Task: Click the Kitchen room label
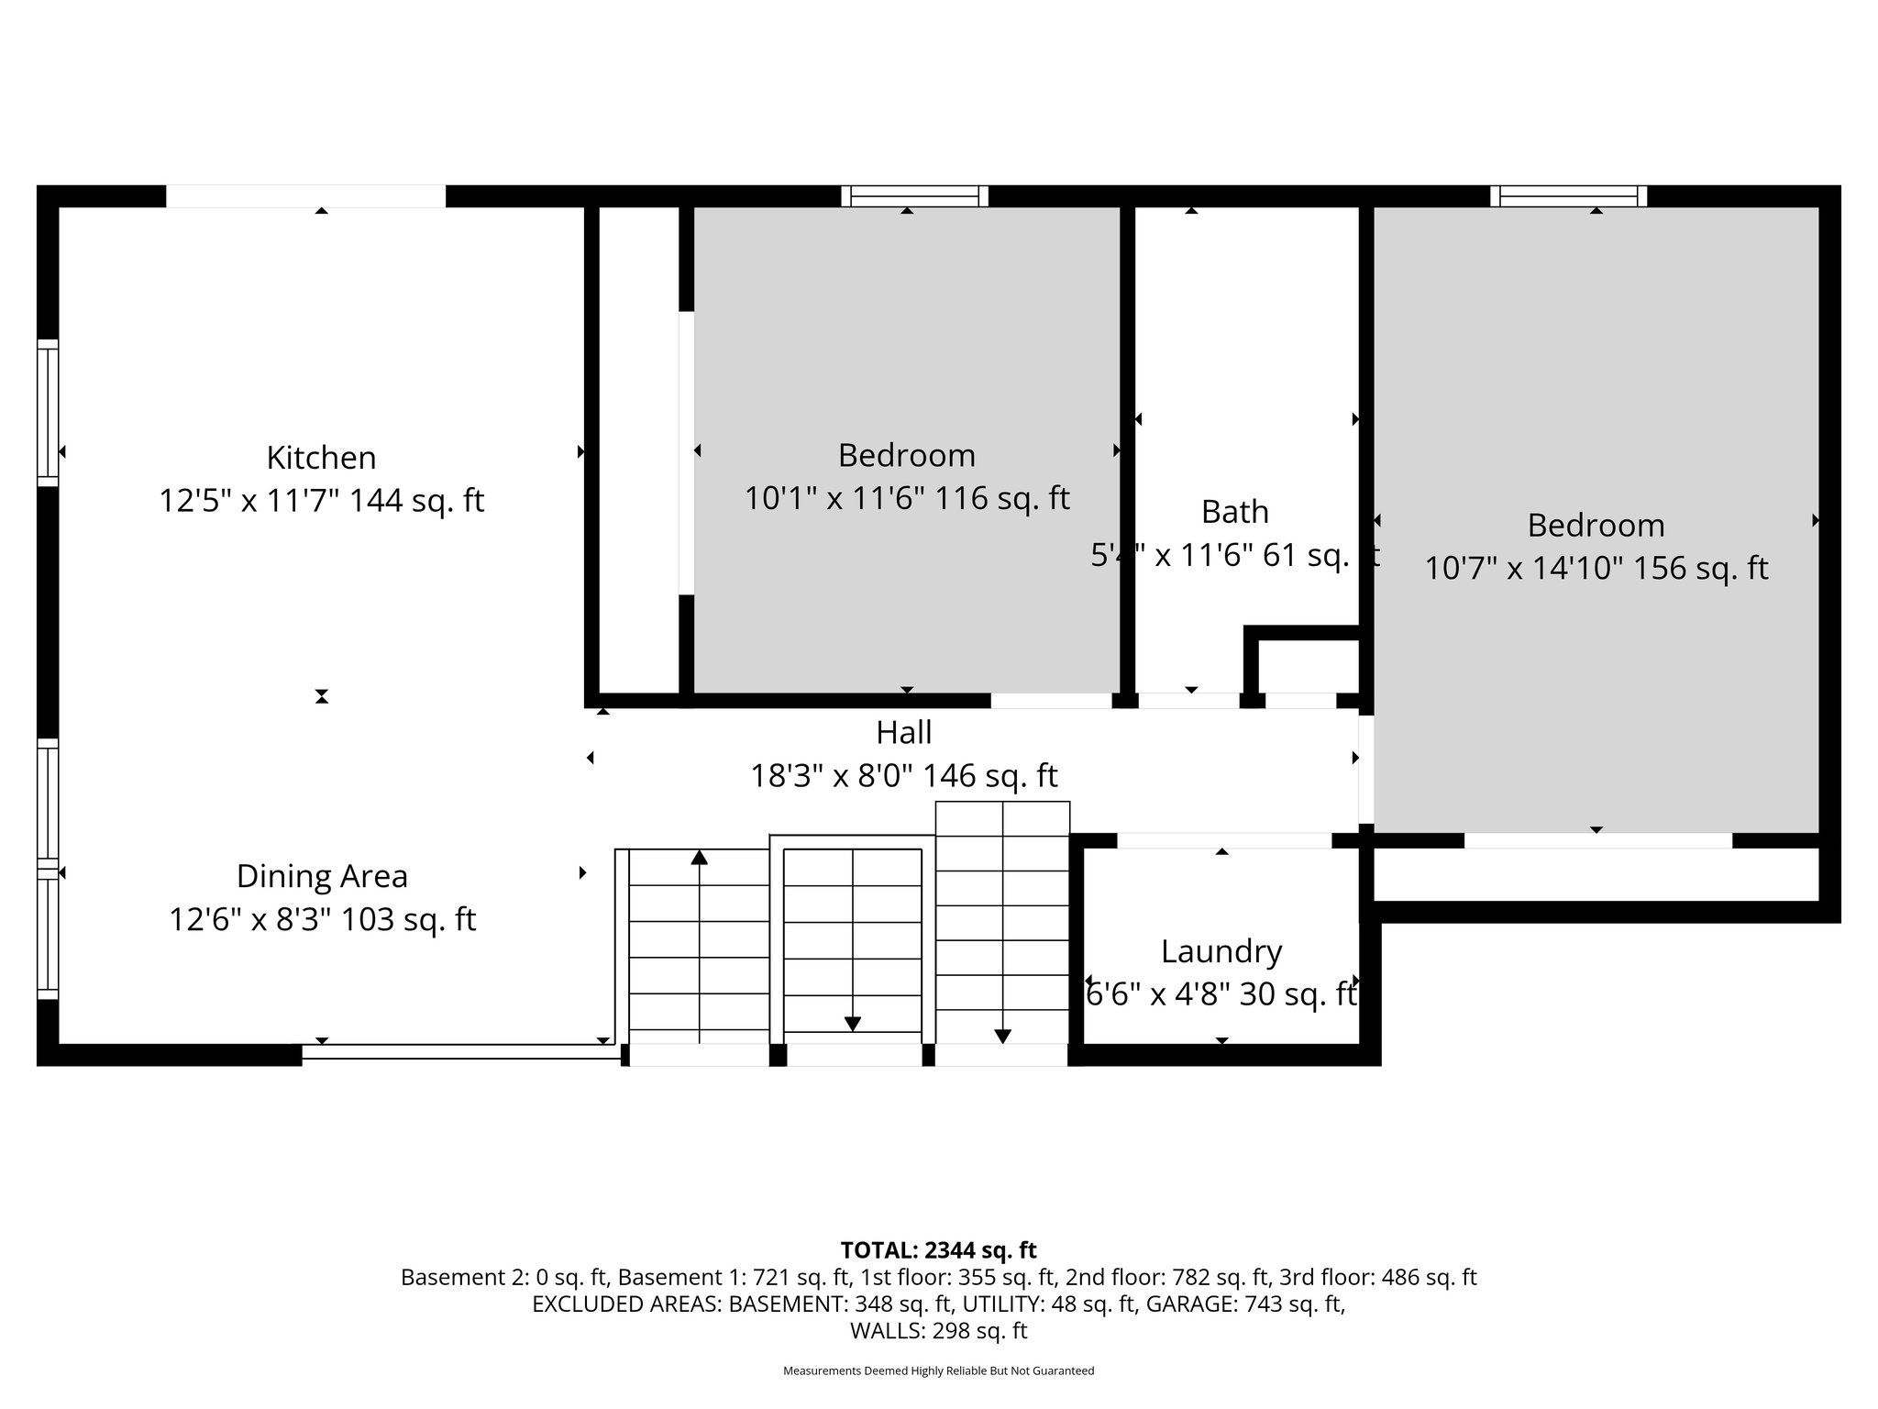[x=321, y=457]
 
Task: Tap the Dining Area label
[x=322, y=876]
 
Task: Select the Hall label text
[x=904, y=732]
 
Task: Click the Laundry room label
[x=1221, y=951]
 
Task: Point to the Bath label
[x=1234, y=512]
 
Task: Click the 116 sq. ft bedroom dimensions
[x=906, y=499]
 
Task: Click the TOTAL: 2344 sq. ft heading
[x=938, y=1250]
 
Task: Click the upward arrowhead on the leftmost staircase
[x=700, y=858]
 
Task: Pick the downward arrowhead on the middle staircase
[x=853, y=1024]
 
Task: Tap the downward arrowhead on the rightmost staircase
[x=1002, y=1037]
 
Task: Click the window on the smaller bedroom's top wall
[x=915, y=195]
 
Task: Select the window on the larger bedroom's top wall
[x=1568, y=195]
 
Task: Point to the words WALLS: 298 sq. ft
[x=938, y=1330]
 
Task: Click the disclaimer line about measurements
[x=938, y=1370]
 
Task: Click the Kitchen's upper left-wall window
[x=48, y=413]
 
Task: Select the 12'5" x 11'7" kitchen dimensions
[x=321, y=501]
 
